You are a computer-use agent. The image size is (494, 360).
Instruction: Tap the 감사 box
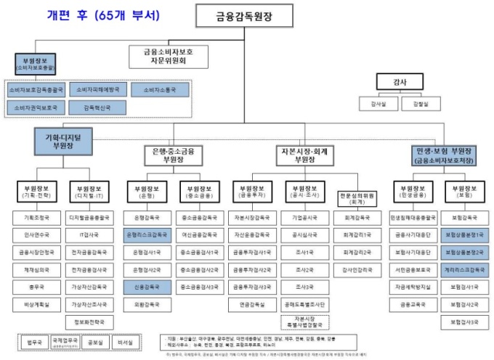(396, 82)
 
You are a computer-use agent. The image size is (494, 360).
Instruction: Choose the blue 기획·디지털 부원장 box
(63, 140)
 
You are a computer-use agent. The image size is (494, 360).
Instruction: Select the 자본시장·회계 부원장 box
(305, 155)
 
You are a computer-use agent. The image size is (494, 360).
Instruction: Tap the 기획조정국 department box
(34, 217)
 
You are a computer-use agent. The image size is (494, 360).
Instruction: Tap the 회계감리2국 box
(357, 252)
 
